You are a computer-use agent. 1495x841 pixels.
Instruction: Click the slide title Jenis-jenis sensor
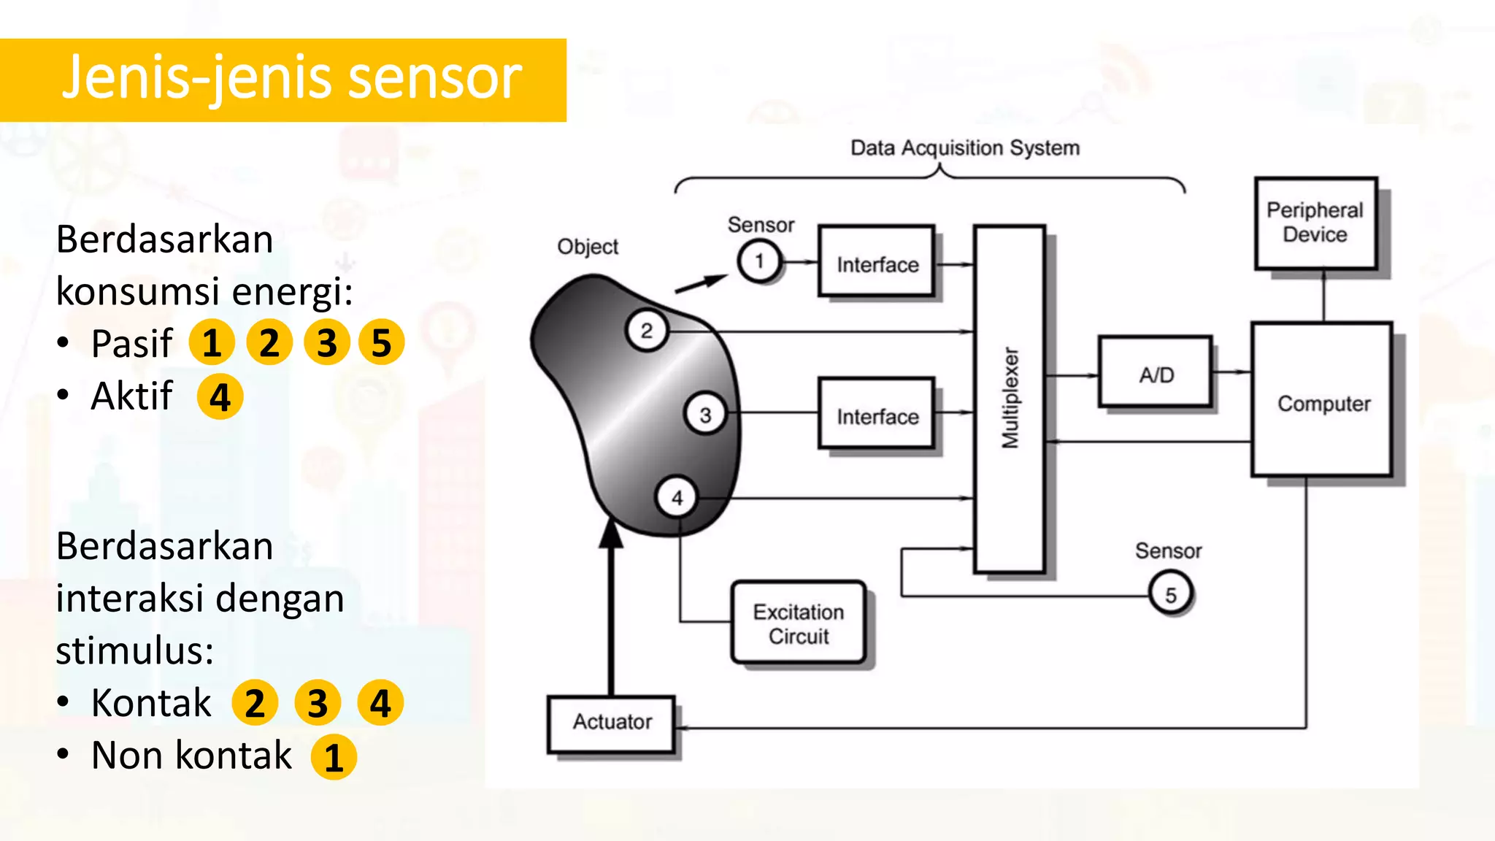pyautogui.click(x=292, y=79)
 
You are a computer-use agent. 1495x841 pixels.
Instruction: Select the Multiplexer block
pyautogui.click(x=1010, y=399)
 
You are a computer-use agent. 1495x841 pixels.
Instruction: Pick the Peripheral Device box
pyautogui.click(x=1315, y=223)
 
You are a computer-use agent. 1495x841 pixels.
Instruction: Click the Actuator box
pyautogui.click(x=612, y=723)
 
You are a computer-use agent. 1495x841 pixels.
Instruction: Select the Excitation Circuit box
pyautogui.click(x=799, y=623)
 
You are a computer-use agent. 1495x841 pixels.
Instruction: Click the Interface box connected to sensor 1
pyautogui.click(x=877, y=263)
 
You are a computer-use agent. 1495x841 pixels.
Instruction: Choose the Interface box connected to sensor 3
pyautogui.click(x=877, y=415)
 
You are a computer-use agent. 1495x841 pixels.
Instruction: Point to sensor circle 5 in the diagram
pyautogui.click(x=1170, y=594)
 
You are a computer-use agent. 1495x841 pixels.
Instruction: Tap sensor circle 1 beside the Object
pyautogui.click(x=759, y=261)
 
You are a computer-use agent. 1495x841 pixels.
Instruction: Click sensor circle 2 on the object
pyautogui.click(x=647, y=331)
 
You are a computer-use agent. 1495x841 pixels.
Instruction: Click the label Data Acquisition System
pyautogui.click(x=964, y=148)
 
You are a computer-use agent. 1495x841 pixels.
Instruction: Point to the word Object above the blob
pyautogui.click(x=588, y=247)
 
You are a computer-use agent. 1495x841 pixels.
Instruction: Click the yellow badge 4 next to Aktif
pyautogui.click(x=220, y=397)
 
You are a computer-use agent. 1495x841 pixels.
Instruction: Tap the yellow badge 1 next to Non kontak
pyautogui.click(x=334, y=758)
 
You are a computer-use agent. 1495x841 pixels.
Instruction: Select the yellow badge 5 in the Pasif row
pyautogui.click(x=381, y=342)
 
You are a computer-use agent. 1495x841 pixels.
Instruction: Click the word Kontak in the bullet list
pyautogui.click(x=151, y=703)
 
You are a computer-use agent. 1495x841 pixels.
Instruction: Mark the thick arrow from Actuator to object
pyautogui.click(x=611, y=613)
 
